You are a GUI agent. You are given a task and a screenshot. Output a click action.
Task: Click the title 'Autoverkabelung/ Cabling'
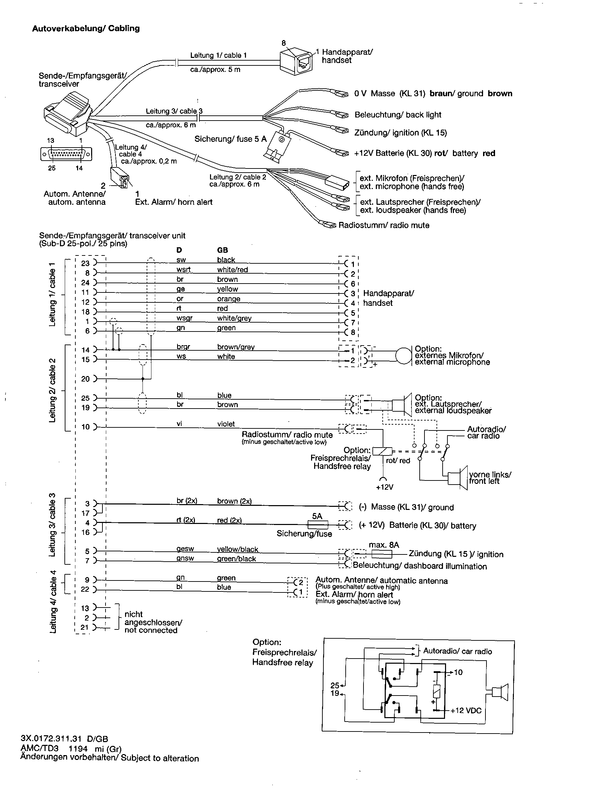point(86,28)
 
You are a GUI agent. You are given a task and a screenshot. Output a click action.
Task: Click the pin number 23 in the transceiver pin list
point(86,263)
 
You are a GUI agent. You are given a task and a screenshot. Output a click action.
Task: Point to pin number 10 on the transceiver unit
point(86,427)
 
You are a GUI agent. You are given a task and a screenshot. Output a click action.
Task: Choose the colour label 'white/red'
point(232,270)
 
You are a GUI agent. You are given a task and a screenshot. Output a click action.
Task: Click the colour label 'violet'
point(226,424)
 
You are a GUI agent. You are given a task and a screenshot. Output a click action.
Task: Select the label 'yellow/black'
point(237,549)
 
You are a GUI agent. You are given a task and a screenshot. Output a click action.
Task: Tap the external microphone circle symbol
point(404,356)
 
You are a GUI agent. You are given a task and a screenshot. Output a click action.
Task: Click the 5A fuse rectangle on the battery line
point(317,524)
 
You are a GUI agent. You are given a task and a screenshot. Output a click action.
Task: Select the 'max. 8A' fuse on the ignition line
point(382,554)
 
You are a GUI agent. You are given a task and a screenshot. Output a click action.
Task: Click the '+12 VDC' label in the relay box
point(466,711)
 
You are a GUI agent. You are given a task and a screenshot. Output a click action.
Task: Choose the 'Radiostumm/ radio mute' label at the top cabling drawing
point(384,225)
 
